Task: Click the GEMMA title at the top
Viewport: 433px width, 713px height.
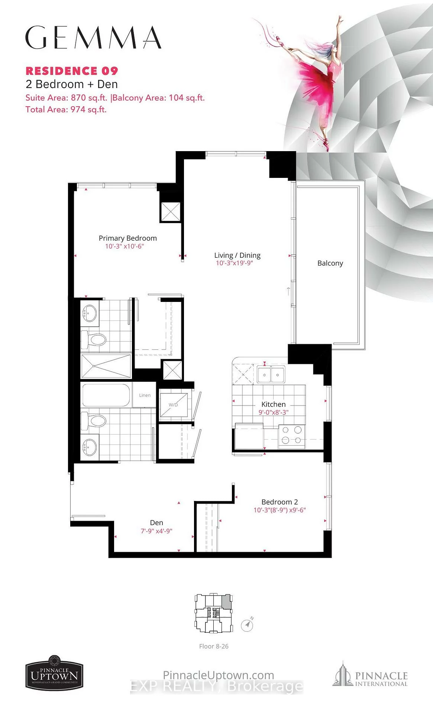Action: click(93, 38)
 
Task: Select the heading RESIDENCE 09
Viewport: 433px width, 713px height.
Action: click(72, 71)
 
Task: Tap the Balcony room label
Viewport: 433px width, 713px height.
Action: click(330, 263)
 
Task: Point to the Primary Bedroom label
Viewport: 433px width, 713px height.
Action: click(127, 238)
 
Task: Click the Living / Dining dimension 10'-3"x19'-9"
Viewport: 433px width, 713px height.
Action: click(234, 263)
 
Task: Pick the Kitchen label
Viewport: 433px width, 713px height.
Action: click(273, 404)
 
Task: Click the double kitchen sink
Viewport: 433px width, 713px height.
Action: click(271, 374)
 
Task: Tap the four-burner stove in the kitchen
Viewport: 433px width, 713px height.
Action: click(291, 435)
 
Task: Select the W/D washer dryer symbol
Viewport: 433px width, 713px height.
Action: click(173, 405)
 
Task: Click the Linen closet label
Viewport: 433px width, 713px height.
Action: click(145, 395)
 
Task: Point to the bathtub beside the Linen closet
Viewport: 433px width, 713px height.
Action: click(106, 395)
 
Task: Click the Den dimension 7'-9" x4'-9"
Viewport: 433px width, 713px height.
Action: click(156, 531)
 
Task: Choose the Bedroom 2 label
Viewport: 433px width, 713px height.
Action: click(279, 502)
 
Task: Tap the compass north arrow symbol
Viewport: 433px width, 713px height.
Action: click(247, 625)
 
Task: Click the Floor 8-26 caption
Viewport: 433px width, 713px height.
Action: click(214, 646)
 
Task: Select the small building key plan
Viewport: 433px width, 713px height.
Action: click(214, 613)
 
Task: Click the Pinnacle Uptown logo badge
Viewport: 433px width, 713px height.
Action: click(54, 673)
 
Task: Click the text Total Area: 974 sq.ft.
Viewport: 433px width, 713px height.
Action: click(66, 110)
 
